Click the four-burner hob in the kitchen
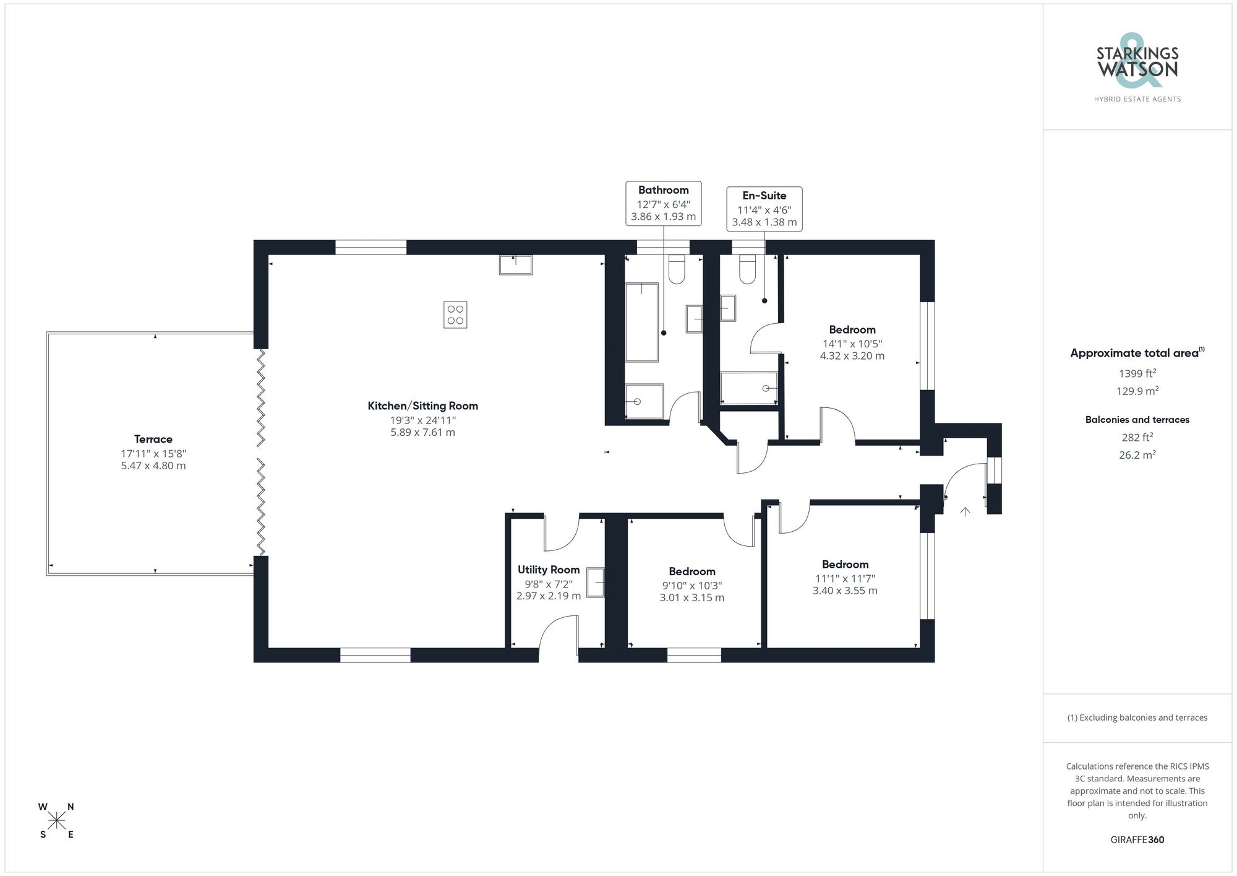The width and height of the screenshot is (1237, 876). tap(455, 314)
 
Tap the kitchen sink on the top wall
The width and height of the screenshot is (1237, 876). tap(515, 264)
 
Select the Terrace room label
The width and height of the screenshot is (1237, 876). tap(153, 439)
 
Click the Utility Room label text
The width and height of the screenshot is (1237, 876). tap(549, 570)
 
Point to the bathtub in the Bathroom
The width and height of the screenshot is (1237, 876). tap(641, 322)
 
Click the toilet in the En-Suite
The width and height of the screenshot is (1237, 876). tap(748, 270)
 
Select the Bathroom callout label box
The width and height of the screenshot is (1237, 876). tap(663, 203)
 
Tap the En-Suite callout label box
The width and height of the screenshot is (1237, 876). tap(764, 209)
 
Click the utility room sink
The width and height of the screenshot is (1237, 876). tap(595, 582)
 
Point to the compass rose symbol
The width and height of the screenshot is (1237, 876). tap(57, 821)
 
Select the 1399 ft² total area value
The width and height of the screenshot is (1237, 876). tap(1137, 373)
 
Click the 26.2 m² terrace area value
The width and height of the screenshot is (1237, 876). tap(1137, 454)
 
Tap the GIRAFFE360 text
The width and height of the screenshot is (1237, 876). tap(1137, 839)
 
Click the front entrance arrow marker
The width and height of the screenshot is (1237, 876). tap(965, 511)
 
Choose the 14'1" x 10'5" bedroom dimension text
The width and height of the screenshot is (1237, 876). tap(852, 344)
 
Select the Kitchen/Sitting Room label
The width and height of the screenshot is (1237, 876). tap(422, 406)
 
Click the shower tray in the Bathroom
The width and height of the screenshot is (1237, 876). tap(644, 401)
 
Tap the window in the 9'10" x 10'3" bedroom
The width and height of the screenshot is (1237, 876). tap(694, 655)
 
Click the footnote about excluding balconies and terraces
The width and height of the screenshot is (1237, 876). tap(1137, 718)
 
